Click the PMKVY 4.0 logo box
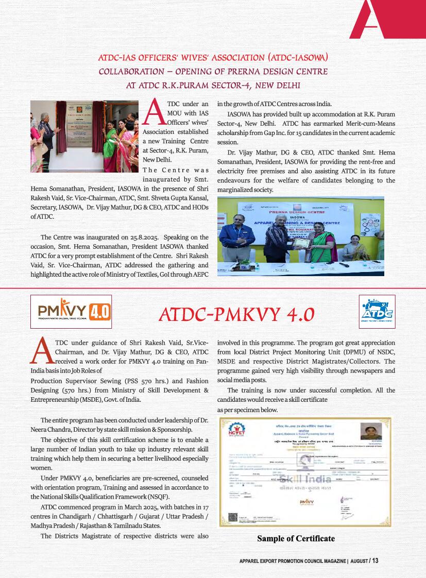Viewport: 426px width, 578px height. [x=71, y=312]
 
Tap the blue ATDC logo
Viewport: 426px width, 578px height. [x=377, y=312]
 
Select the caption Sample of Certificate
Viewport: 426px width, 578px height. [x=296, y=539]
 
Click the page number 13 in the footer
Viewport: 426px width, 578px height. [x=375, y=561]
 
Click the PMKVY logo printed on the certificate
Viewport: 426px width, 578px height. [x=306, y=502]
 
